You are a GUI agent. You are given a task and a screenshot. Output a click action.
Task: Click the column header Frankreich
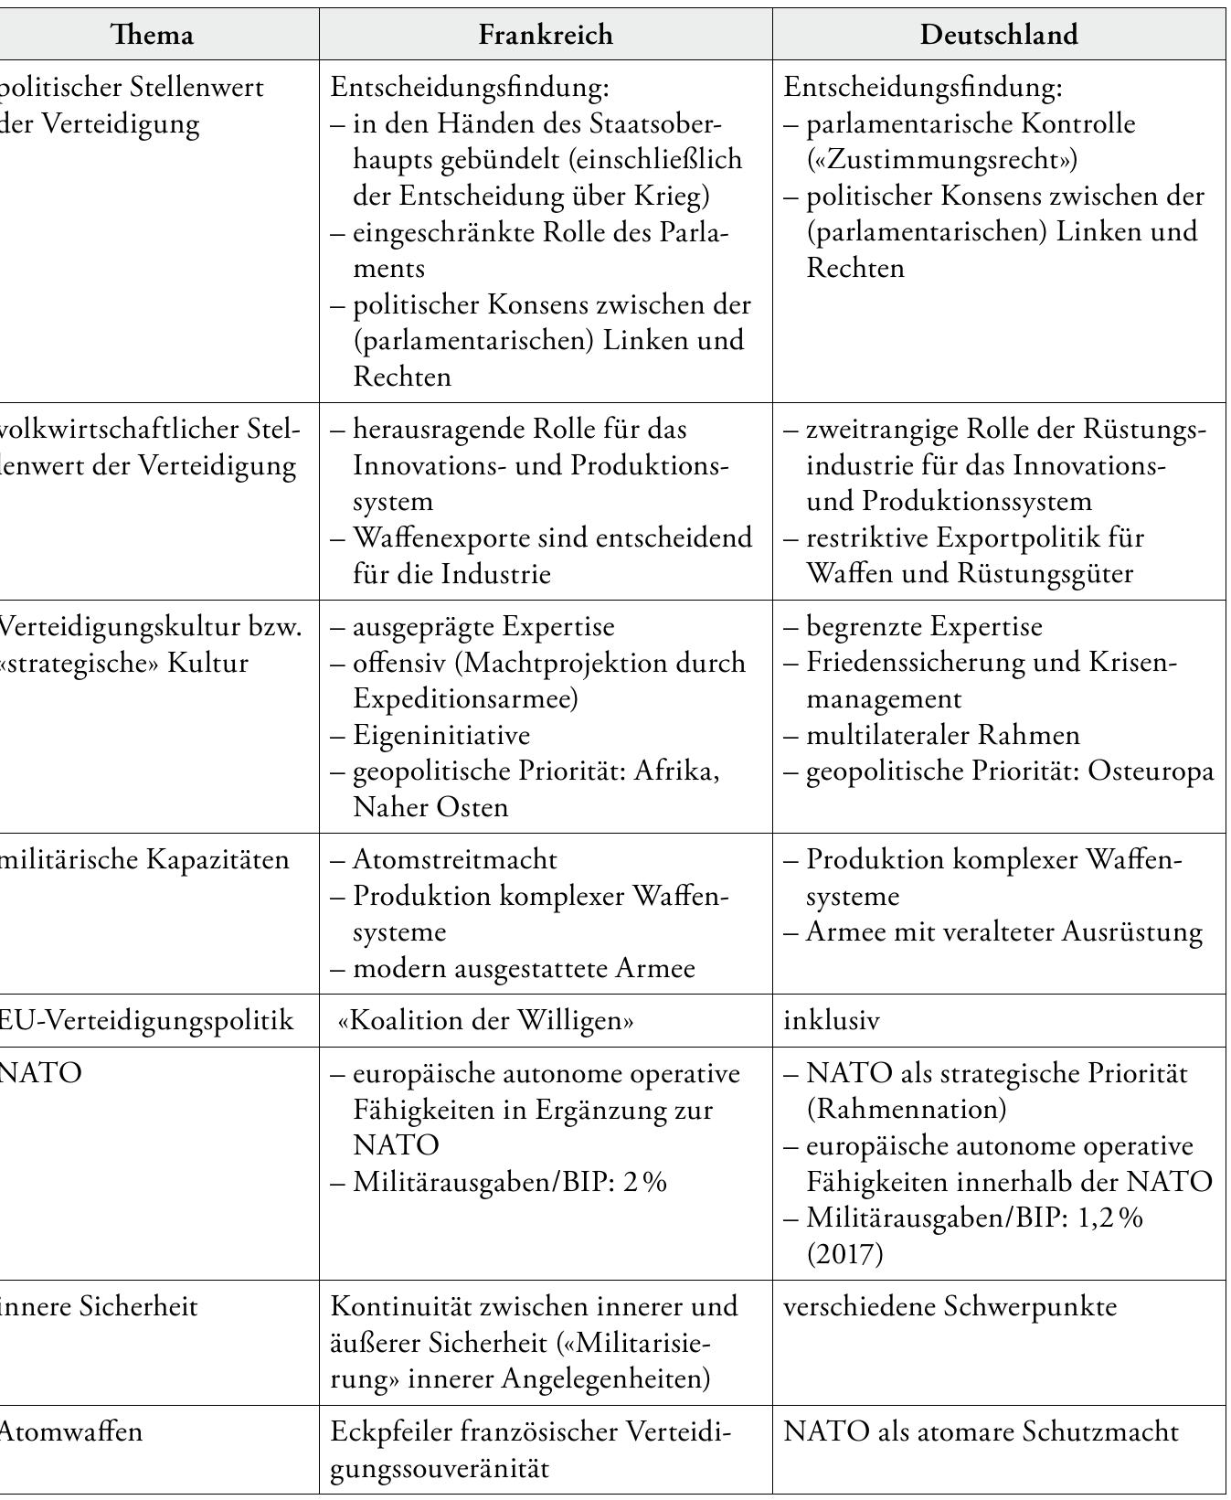546,35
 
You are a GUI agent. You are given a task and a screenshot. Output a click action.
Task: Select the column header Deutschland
998,35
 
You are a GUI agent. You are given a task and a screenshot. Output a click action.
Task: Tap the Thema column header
152,35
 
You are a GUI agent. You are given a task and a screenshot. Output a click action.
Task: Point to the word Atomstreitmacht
454,860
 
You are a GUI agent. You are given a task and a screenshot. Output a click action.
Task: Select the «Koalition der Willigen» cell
485,1020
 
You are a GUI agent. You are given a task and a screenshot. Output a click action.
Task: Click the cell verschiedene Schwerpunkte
950,1306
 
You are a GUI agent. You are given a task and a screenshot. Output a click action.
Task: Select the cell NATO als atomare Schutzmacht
981,1431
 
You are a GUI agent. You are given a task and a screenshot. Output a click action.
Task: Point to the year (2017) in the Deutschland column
845,1253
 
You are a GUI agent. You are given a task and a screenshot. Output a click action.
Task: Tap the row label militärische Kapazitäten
143,860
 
